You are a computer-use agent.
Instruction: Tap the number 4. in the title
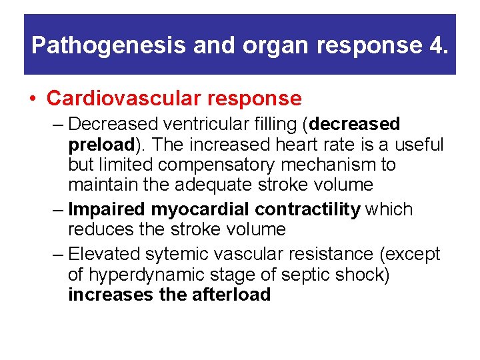pos(437,45)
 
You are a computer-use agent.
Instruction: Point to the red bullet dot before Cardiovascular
pos(33,99)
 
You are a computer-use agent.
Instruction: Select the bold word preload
pos(101,144)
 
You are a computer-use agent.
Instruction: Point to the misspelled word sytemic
pos(185,254)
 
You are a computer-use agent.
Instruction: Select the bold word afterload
pos(231,294)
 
